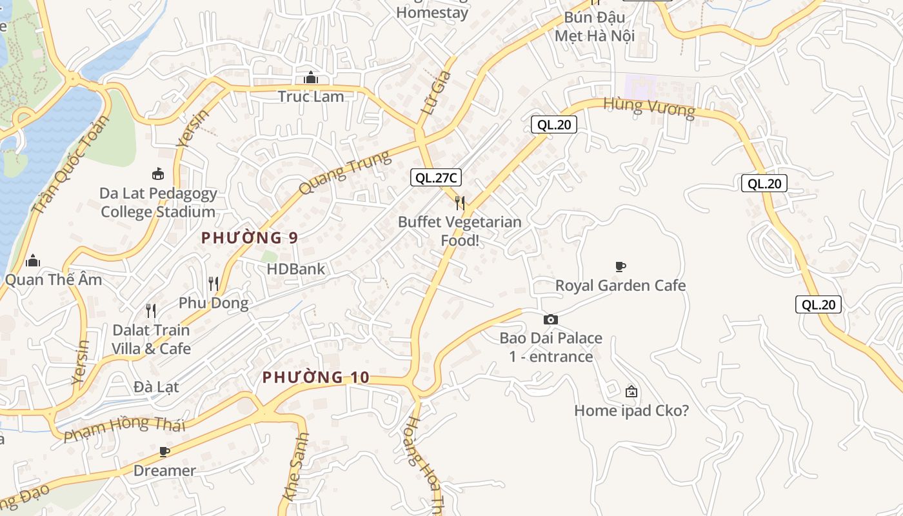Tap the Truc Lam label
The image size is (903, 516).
[311, 97]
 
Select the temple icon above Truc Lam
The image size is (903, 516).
[311, 78]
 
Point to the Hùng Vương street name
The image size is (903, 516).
[650, 108]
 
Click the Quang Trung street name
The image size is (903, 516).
[345, 172]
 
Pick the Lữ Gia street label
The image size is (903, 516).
[436, 93]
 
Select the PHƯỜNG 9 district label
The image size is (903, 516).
[250, 238]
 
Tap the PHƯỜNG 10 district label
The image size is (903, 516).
[316, 377]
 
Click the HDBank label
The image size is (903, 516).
[296, 269]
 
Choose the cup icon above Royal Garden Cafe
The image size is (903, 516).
[620, 266]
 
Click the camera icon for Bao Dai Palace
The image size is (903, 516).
[551, 319]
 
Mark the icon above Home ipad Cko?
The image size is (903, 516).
[631, 392]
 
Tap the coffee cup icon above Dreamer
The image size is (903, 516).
[164, 451]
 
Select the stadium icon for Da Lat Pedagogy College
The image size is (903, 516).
[158, 174]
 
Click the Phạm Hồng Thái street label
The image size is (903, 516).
[124, 428]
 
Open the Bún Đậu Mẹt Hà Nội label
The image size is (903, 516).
[595, 26]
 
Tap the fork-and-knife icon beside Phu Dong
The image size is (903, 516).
[213, 283]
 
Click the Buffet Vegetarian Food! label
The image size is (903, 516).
[460, 231]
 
